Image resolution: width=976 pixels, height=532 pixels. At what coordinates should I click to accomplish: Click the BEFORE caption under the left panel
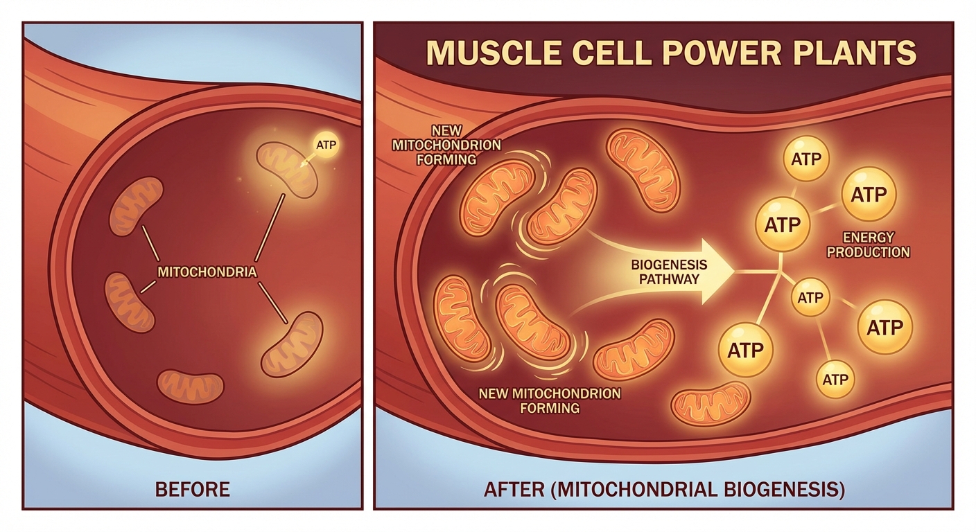click(x=193, y=490)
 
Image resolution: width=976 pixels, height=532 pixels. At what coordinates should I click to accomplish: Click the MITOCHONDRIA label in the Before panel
click(x=207, y=272)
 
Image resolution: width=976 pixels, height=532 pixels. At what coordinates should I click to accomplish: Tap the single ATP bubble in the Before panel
click(x=325, y=145)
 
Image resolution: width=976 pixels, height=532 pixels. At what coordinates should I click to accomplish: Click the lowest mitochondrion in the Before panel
click(x=191, y=387)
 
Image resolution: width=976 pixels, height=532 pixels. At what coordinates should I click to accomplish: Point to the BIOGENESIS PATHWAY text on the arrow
click(x=659, y=272)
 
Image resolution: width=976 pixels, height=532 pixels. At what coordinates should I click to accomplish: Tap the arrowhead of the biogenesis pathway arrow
click(x=717, y=272)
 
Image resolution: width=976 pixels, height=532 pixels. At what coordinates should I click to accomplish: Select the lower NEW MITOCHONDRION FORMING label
click(x=550, y=400)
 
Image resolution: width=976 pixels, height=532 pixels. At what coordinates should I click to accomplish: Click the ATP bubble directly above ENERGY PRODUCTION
click(x=869, y=195)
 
